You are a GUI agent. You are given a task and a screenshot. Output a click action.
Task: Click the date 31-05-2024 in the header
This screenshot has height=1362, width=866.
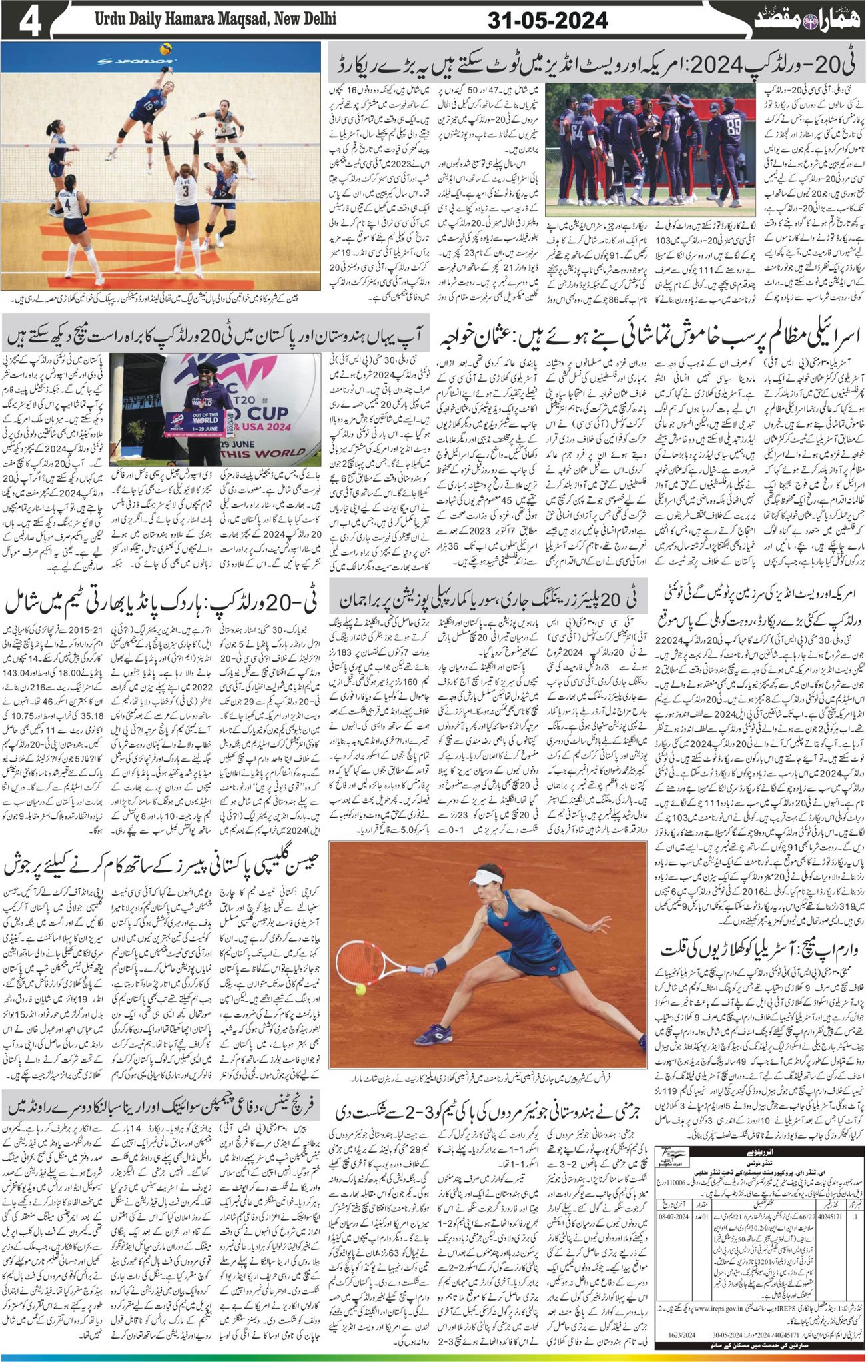[547, 21]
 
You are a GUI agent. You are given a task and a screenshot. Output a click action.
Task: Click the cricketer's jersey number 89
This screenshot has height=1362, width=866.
[735, 125]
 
